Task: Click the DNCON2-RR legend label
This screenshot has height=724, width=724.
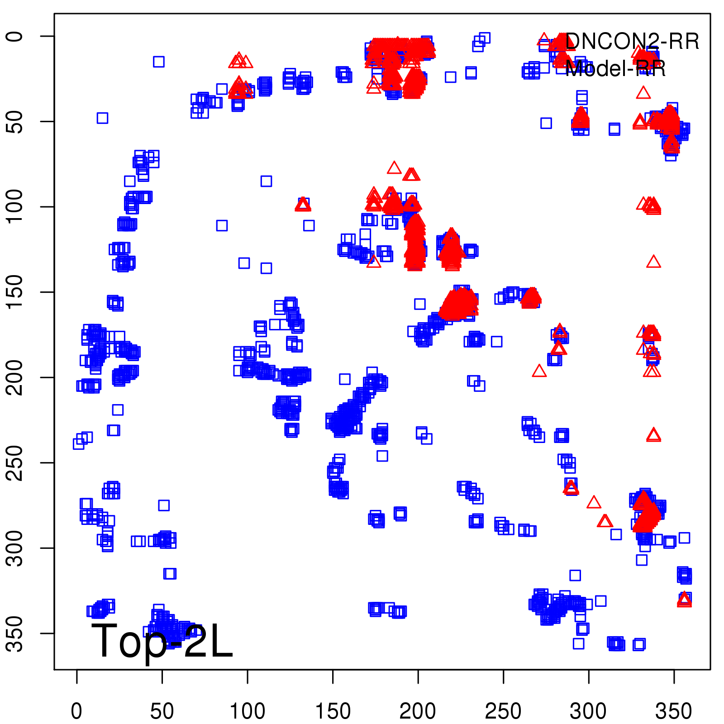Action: [x=632, y=42]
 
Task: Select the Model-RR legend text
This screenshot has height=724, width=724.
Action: [x=615, y=69]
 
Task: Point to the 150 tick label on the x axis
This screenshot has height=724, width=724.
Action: [x=333, y=711]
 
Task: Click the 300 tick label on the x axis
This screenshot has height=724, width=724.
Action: [x=588, y=711]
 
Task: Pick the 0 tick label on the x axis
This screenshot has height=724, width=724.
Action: [x=76, y=711]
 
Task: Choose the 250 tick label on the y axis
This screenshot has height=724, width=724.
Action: [x=15, y=462]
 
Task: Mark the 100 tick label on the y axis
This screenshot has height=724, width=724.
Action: [x=15, y=206]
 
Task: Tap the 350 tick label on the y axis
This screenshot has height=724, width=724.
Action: [x=15, y=633]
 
